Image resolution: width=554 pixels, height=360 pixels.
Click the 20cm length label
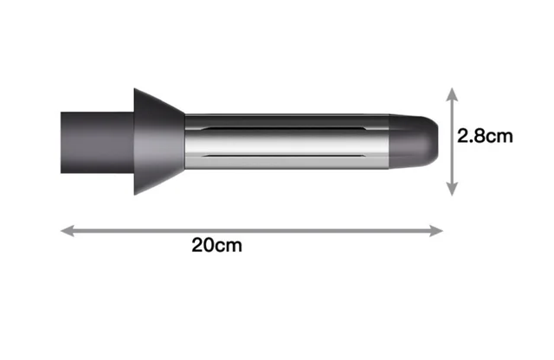(217, 245)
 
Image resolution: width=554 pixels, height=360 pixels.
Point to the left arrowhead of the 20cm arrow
(66, 230)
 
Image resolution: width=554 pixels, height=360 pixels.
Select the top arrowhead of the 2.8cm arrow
(450, 91)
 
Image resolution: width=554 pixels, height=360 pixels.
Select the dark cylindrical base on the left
(95, 139)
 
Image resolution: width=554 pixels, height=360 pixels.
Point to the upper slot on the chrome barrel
(286, 129)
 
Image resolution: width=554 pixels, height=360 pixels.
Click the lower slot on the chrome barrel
(286, 155)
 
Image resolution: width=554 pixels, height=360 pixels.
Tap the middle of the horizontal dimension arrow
(251, 230)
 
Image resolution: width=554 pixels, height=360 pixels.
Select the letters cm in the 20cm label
(229, 245)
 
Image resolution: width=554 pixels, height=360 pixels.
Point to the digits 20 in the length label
(203, 245)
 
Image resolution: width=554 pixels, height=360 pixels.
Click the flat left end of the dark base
(61, 139)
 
